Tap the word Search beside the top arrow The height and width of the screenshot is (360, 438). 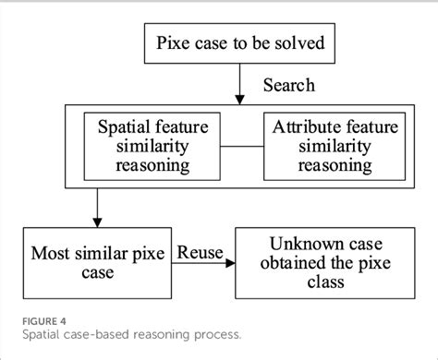click(288, 85)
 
